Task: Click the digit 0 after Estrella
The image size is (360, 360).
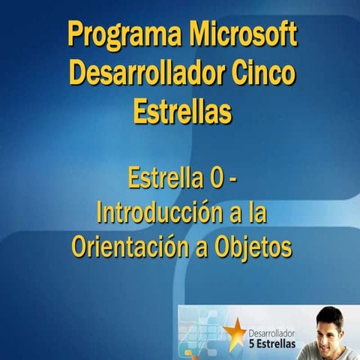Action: click(214, 180)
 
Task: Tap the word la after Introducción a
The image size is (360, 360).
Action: click(257, 214)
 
